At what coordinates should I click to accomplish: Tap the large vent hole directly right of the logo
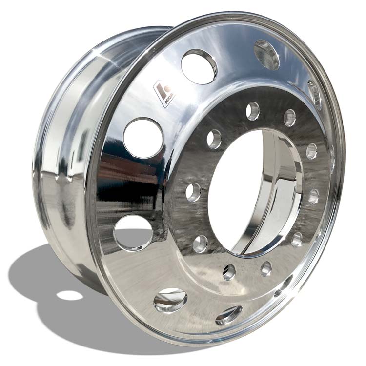tap(199, 66)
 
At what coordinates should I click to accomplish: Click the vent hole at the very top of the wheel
tap(266, 54)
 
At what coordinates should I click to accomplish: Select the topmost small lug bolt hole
tap(252, 111)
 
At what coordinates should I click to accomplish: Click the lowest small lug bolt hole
tap(229, 272)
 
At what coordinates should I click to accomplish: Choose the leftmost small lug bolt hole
tap(193, 192)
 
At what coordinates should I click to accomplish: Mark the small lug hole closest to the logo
tap(214, 139)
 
